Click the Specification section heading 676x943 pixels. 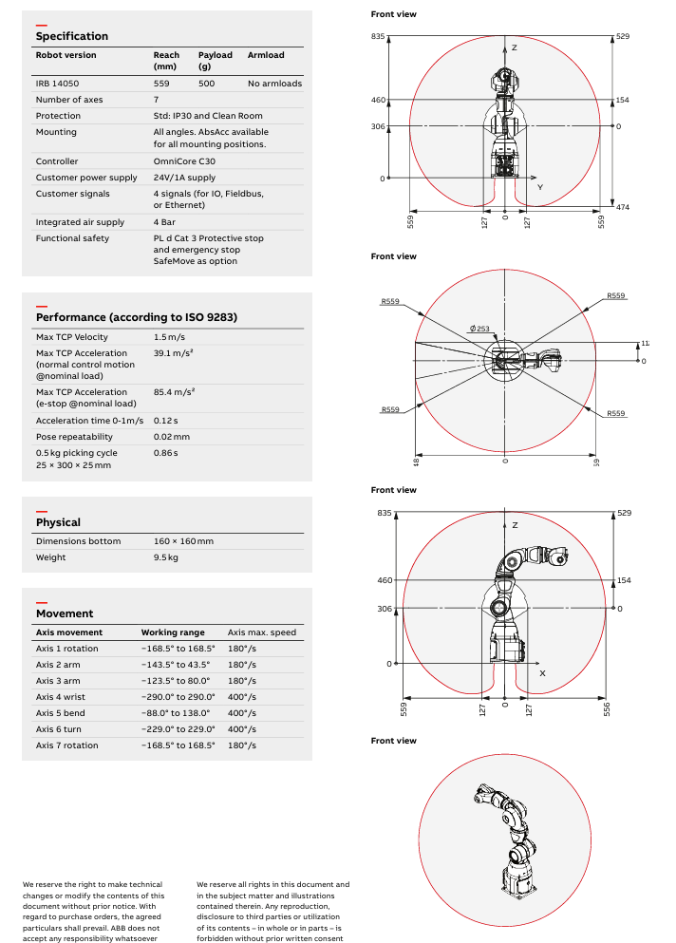[x=72, y=36]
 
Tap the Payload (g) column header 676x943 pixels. [x=215, y=61]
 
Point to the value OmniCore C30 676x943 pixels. [x=184, y=161]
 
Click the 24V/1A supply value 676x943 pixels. [x=184, y=178]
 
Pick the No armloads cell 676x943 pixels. [x=274, y=84]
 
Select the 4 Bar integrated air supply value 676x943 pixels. [x=167, y=222]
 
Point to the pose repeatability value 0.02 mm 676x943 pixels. [x=172, y=437]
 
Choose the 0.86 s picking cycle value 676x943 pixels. [x=166, y=453]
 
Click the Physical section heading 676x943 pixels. [x=58, y=522]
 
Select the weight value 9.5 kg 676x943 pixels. [x=166, y=557]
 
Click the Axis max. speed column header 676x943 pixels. [x=262, y=632]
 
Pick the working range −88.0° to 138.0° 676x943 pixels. [x=178, y=713]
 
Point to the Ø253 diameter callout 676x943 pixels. [x=479, y=329]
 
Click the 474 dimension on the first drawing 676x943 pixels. [x=623, y=207]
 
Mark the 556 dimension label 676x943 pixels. [x=607, y=707]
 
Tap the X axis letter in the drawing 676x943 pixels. [x=542, y=672]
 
